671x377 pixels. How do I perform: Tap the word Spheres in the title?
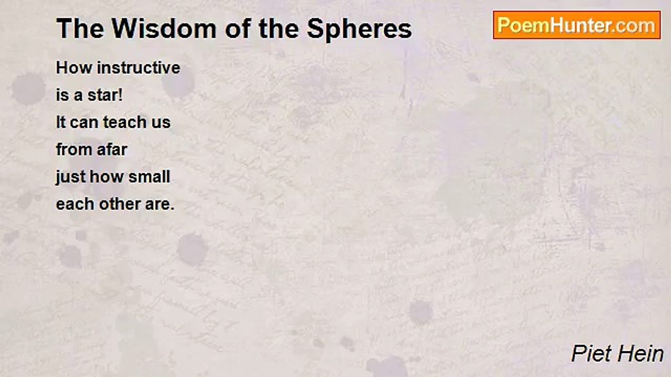[x=359, y=29]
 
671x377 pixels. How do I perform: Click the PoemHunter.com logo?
[x=577, y=25]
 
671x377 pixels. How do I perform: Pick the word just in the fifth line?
[x=71, y=177]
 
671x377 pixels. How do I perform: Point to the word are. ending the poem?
[x=159, y=204]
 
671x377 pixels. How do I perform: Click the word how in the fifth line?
[x=106, y=177]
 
